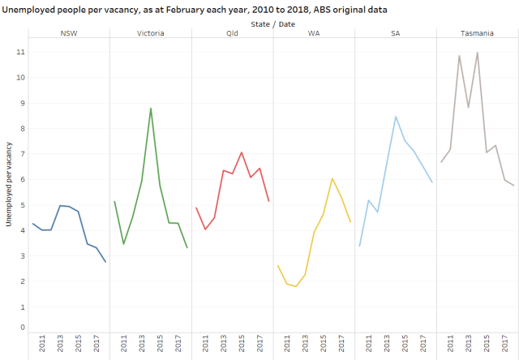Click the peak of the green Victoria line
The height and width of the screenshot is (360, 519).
pyautogui.click(x=151, y=108)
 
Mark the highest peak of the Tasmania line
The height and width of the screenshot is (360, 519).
pyautogui.click(x=478, y=53)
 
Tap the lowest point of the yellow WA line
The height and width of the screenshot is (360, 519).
pyautogui.click(x=296, y=286)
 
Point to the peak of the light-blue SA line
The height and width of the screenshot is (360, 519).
pyautogui.click(x=396, y=116)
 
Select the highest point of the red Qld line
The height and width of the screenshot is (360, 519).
pyautogui.click(x=242, y=152)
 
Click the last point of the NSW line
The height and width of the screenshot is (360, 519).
pyautogui.click(x=105, y=261)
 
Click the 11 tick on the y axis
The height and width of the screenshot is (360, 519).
pyautogui.click(x=22, y=51)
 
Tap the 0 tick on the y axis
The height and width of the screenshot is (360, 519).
pyautogui.click(x=22, y=328)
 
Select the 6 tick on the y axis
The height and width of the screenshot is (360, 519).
pyautogui.click(x=22, y=179)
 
